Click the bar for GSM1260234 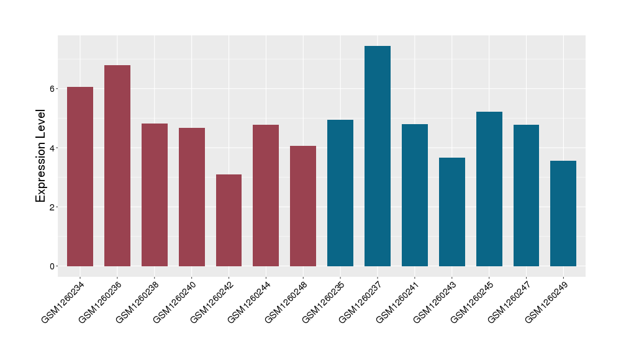pyautogui.click(x=80, y=177)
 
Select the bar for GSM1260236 pyautogui.click(x=117, y=166)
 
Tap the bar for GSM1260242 pyautogui.click(x=229, y=220)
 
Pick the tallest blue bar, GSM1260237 pyautogui.click(x=378, y=156)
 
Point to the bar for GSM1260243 pyautogui.click(x=452, y=212)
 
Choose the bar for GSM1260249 pyautogui.click(x=563, y=214)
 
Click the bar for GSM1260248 pyautogui.click(x=303, y=206)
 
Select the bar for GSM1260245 pyautogui.click(x=489, y=189)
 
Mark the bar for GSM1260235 pyautogui.click(x=340, y=193)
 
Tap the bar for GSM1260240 pyautogui.click(x=192, y=197)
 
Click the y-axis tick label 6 pyautogui.click(x=53, y=89)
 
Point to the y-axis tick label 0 pyautogui.click(x=53, y=266)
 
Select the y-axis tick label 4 pyautogui.click(x=53, y=148)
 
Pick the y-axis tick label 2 pyautogui.click(x=53, y=207)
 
